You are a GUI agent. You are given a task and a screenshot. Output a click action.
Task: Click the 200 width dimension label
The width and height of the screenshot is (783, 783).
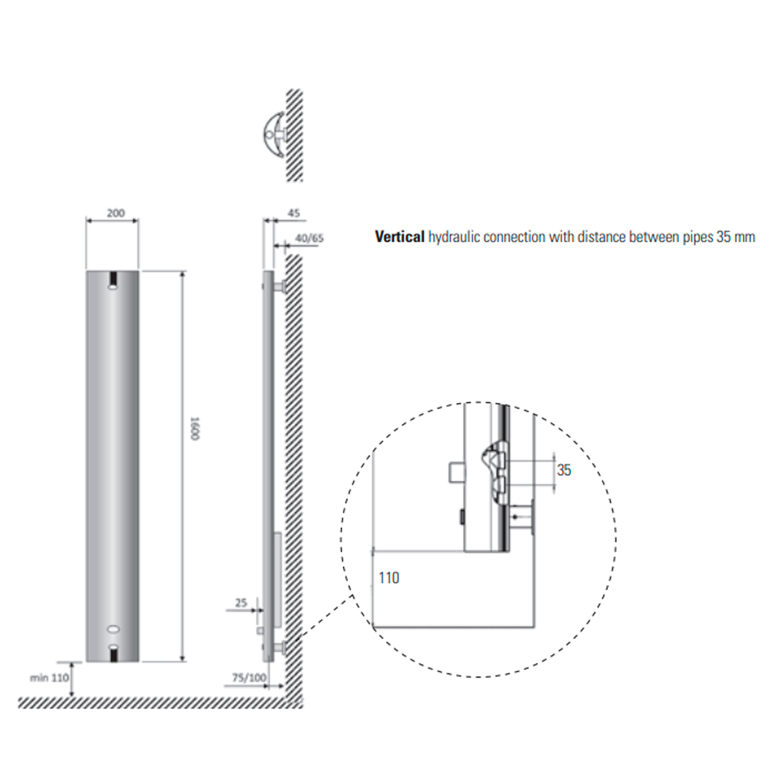click(x=116, y=213)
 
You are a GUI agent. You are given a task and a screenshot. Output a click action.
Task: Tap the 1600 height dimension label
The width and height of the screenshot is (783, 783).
click(x=195, y=428)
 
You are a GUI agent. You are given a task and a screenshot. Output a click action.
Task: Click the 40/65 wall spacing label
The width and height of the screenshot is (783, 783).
click(x=309, y=238)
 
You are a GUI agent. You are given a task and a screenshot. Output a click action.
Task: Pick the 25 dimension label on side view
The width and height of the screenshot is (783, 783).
click(x=241, y=603)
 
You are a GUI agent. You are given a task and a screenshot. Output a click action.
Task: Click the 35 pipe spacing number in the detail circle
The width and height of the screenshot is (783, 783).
click(x=564, y=471)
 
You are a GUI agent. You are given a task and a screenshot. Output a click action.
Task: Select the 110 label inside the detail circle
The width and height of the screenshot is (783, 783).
click(x=389, y=578)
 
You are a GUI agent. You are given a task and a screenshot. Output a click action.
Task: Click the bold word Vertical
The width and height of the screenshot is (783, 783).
click(x=400, y=237)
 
